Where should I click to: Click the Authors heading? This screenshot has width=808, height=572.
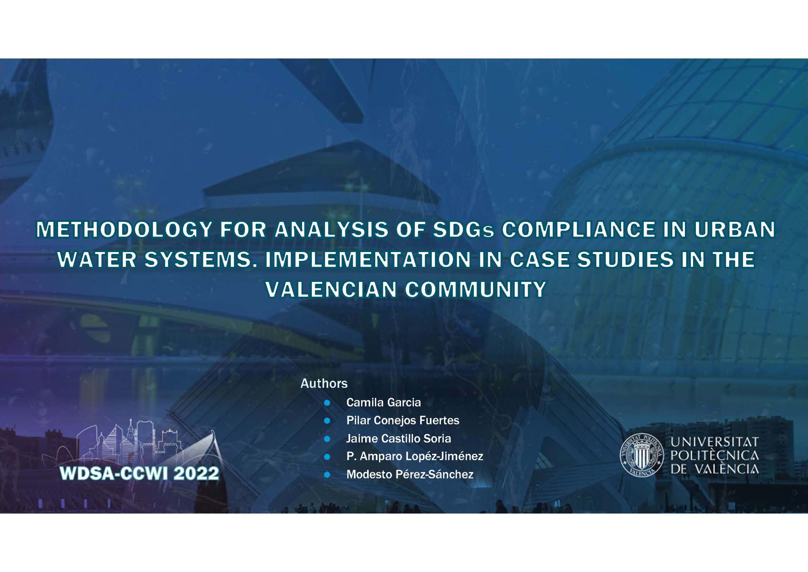pyautogui.click(x=324, y=383)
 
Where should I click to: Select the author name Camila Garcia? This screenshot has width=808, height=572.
pyautogui.click(x=383, y=402)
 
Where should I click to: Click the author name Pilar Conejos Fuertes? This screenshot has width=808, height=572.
pyautogui.click(x=403, y=420)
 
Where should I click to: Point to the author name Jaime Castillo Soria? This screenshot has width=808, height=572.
pyautogui.click(x=398, y=438)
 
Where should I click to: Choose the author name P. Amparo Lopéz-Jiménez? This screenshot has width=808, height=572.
pyautogui.click(x=414, y=456)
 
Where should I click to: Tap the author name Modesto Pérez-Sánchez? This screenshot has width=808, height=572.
pyautogui.click(x=410, y=474)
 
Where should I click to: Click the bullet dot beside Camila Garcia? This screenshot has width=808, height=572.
pyautogui.click(x=327, y=403)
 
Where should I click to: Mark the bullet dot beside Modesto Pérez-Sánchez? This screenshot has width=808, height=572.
pyautogui.click(x=327, y=475)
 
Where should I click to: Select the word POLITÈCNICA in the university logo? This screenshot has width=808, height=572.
pyautogui.click(x=714, y=455)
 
